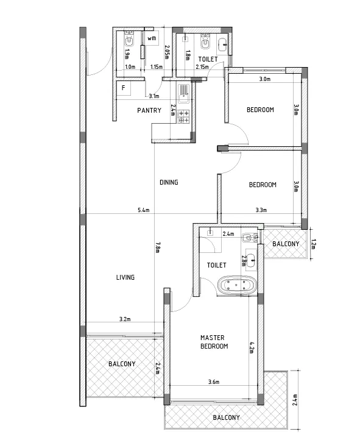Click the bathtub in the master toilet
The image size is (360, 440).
(237, 285)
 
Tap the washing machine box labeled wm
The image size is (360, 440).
(152, 38)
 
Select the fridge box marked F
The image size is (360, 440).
(124, 88)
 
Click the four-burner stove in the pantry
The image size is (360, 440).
(183, 116)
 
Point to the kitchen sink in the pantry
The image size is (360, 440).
(183, 94)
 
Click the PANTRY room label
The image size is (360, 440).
(149, 110)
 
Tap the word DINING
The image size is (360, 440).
(169, 182)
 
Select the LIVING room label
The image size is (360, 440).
(125, 277)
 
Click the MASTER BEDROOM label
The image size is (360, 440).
(214, 342)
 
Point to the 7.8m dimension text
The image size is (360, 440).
(157, 247)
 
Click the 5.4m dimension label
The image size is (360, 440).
(144, 210)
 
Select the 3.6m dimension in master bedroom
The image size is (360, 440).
(214, 382)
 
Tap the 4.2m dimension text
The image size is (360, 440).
(252, 347)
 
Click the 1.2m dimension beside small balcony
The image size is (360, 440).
(314, 244)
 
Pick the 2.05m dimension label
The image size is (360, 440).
(166, 52)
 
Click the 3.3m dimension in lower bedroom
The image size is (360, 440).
(261, 210)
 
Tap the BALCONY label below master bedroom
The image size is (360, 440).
(226, 417)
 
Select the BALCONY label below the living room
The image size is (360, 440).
(122, 364)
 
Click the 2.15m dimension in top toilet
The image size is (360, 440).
(202, 67)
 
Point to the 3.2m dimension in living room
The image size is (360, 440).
(125, 319)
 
